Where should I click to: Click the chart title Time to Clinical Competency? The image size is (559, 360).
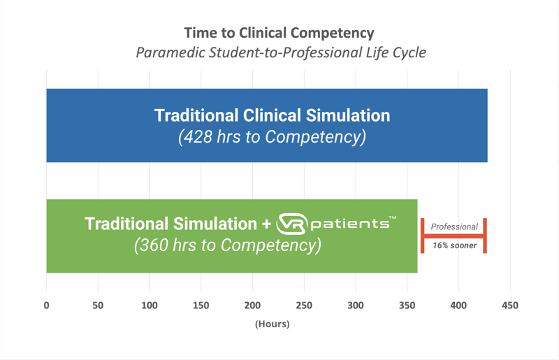point(279,33)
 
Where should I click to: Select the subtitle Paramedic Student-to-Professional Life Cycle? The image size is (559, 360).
point(280,52)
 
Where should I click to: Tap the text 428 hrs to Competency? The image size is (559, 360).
point(272,136)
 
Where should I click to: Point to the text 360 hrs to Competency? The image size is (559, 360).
point(227,245)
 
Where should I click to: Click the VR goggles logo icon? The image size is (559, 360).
point(291,224)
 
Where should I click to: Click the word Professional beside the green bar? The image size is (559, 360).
point(454,226)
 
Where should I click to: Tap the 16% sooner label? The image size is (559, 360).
point(454,245)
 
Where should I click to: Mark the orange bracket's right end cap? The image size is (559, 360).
point(484,236)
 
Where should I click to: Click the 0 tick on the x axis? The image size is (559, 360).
point(46,305)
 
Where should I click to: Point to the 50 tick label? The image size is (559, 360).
point(98,305)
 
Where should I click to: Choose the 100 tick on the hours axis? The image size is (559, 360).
point(150,305)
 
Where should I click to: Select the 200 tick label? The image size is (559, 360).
point(252,305)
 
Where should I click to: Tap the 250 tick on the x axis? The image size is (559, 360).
point(304,305)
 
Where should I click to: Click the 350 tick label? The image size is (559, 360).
point(407,305)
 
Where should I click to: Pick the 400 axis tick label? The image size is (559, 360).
point(458,305)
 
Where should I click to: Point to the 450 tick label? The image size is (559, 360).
point(510,305)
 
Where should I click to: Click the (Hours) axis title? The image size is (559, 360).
point(272,324)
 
